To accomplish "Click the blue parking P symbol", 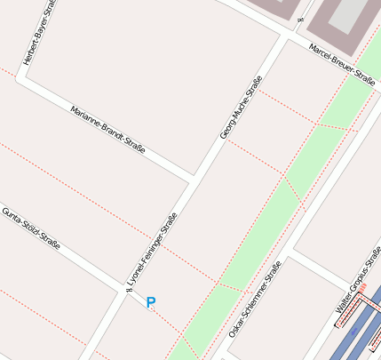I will click(x=151, y=303).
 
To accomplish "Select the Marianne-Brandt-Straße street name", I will click(x=107, y=130).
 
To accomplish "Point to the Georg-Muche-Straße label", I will click(x=242, y=108).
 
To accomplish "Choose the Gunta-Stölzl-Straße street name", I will click(x=31, y=228).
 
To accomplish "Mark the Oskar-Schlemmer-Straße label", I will click(x=255, y=299).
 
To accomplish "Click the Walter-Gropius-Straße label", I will click(x=353, y=292).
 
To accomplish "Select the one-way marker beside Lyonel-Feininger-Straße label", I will click(x=129, y=285).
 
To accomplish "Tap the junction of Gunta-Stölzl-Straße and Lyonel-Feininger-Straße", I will click(x=122, y=291).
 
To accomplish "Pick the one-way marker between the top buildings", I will click(x=301, y=20).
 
